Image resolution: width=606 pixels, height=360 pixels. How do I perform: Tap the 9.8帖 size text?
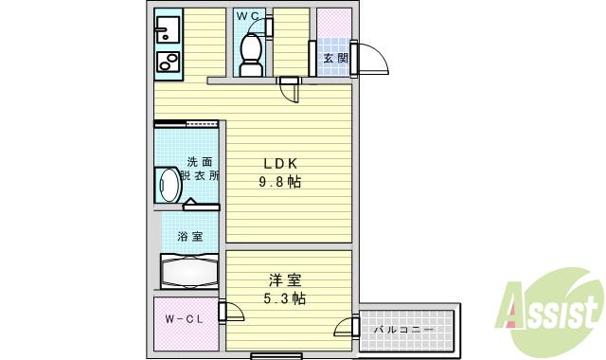tap(281, 181)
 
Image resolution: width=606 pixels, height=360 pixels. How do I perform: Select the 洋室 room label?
tap(284, 279)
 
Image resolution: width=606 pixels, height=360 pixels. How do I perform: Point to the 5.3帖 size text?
tap(284, 297)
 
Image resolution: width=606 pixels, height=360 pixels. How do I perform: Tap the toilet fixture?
tap(251, 52)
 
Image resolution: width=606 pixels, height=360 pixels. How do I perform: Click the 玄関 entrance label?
tap(335, 58)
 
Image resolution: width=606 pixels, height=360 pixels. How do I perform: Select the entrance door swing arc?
tap(372, 59)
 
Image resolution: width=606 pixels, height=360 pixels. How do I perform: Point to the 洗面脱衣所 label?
tap(201, 169)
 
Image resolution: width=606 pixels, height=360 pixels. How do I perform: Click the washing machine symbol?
tap(169, 184)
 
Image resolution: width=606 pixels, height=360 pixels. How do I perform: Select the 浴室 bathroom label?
tap(189, 237)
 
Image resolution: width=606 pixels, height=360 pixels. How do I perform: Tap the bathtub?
tap(190, 272)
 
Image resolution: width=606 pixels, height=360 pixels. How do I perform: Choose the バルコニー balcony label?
tap(403, 330)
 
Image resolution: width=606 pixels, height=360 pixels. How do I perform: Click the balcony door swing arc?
tap(347, 330)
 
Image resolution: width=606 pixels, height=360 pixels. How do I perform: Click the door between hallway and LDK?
tap(289, 91)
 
